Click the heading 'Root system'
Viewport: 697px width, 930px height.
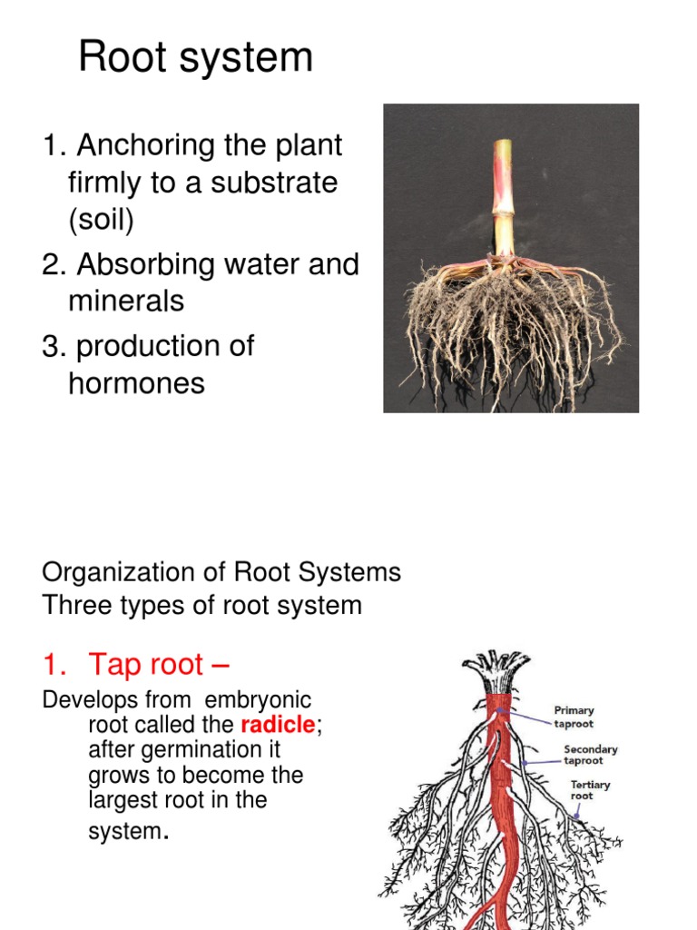pyautogui.click(x=195, y=58)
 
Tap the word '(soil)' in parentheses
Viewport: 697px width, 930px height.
pyautogui.click(x=100, y=220)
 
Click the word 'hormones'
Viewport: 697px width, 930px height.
pyautogui.click(x=136, y=383)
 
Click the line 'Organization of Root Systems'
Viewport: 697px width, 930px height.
pyautogui.click(x=221, y=572)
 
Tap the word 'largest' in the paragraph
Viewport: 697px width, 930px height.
pyautogui.click(x=120, y=800)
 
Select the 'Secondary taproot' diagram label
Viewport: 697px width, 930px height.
pyautogui.click(x=590, y=755)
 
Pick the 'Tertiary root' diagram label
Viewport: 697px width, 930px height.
pyautogui.click(x=590, y=790)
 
